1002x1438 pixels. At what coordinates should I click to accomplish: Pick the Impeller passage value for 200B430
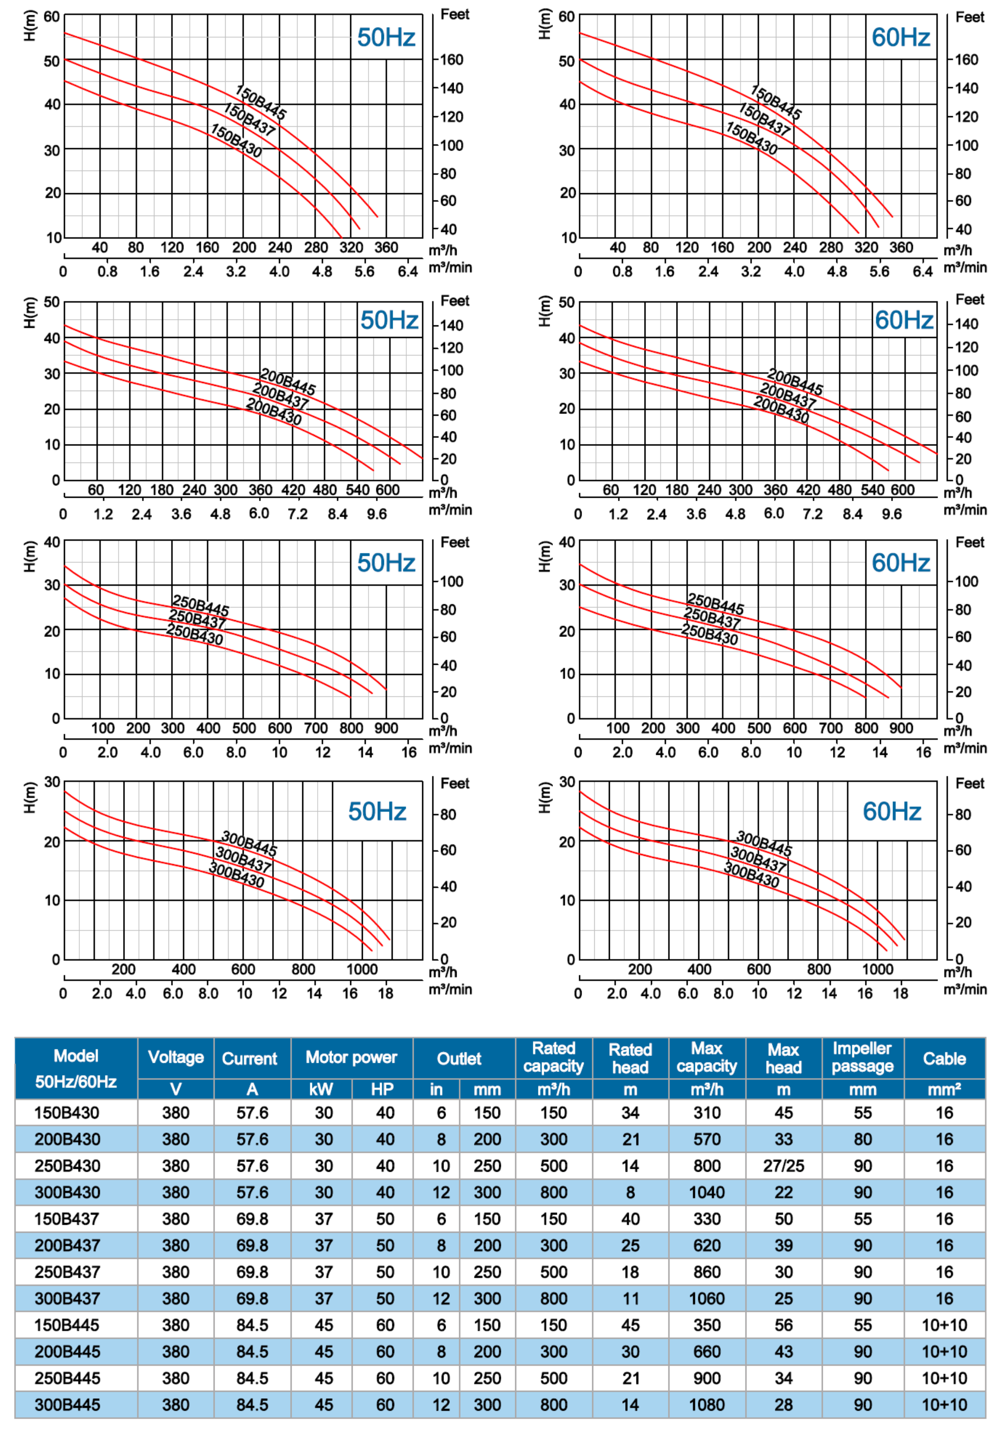coord(862,1139)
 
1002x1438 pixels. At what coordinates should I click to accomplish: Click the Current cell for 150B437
coord(252,1219)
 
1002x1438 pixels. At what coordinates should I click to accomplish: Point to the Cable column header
coord(944,1058)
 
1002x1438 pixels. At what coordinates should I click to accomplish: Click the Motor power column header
coord(351,1057)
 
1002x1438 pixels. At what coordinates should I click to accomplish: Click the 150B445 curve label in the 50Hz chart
coord(261,102)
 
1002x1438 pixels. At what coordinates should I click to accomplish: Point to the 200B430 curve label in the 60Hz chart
coord(781,410)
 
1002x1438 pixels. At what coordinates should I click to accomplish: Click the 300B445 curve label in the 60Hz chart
coord(763,843)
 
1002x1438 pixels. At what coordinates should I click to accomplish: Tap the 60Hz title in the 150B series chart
coord(900,38)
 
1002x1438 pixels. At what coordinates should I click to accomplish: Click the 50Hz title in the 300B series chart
coord(377,811)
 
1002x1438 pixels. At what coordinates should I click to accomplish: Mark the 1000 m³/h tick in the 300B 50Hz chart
coord(362,969)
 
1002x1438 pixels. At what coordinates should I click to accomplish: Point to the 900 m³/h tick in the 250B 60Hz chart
coord(900,728)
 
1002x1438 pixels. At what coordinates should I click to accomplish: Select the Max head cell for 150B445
coord(783,1325)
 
